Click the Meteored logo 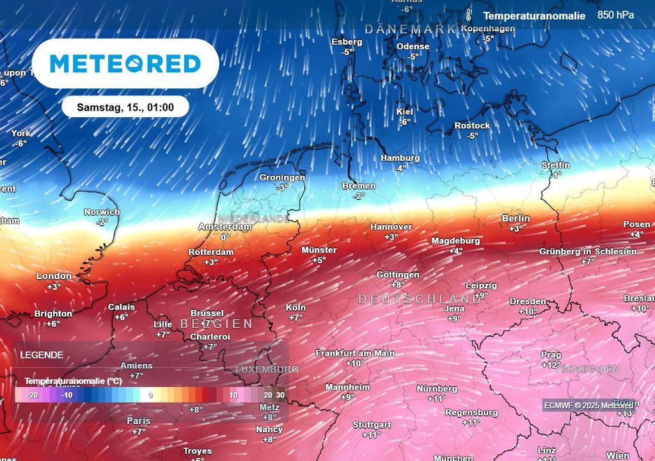tap(125, 63)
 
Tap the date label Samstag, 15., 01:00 tap(125, 107)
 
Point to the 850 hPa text tap(616, 15)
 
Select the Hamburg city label tap(400, 158)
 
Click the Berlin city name tap(516, 218)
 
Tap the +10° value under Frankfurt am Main tap(355, 363)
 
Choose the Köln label tap(296, 307)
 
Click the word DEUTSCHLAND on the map tap(419, 299)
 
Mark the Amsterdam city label tap(225, 227)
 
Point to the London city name tap(54, 276)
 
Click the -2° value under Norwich tap(102, 222)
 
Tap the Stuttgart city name tap(372, 425)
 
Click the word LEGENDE tap(42, 354)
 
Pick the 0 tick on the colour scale tap(151, 395)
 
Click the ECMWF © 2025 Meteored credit tap(588, 405)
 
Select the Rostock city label tap(472, 125)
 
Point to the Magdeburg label tap(455, 241)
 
